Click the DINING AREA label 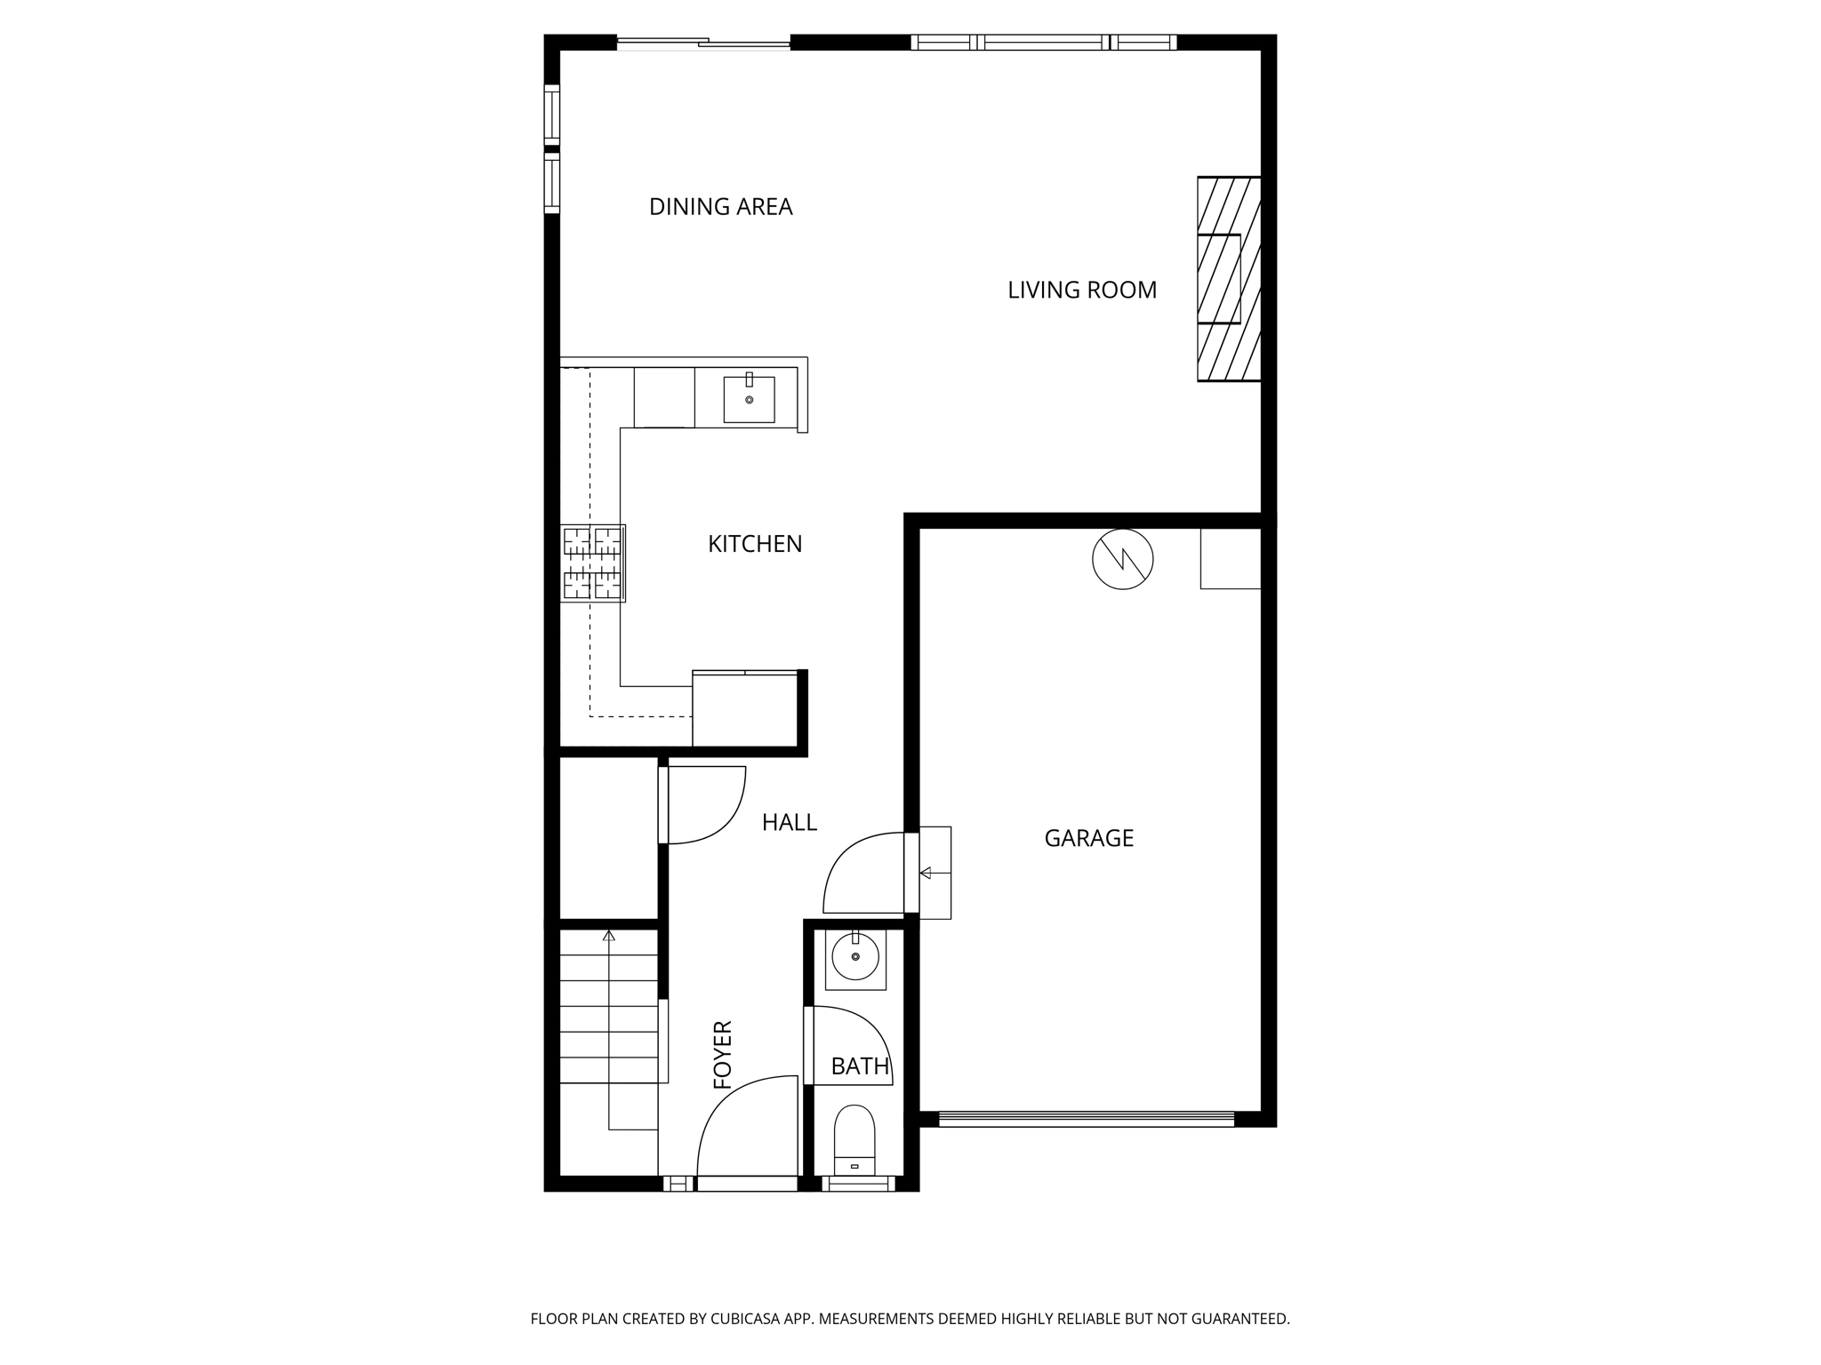720,207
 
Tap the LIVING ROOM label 1081,290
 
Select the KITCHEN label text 755,544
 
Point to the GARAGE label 1088,838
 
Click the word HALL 789,823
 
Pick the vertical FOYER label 723,1055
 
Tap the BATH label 860,1066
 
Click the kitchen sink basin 749,399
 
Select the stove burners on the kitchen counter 593,563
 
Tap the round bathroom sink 855,957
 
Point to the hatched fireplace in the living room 1229,279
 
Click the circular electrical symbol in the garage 1122,559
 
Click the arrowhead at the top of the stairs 609,936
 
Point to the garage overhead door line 1086,1120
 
